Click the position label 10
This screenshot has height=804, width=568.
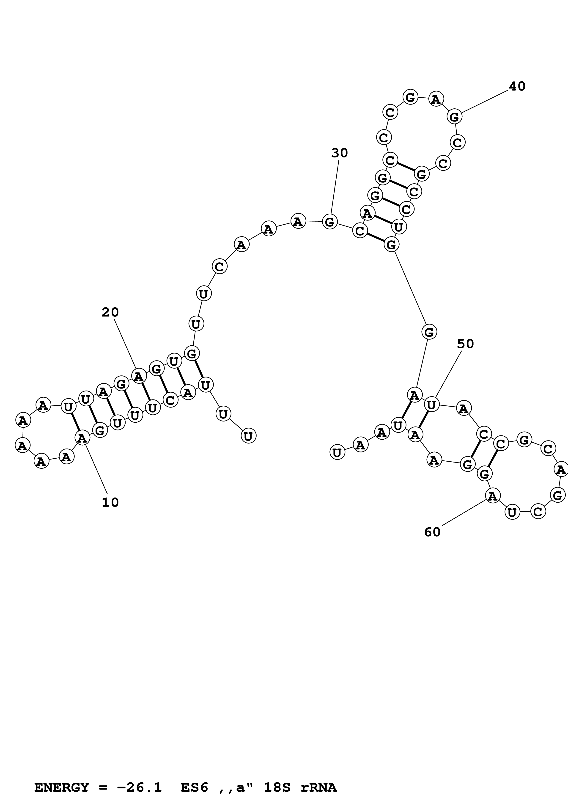(x=110, y=502)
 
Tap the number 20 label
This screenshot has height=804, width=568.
(x=110, y=312)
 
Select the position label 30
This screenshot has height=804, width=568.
(x=340, y=153)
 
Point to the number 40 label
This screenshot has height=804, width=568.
(x=517, y=86)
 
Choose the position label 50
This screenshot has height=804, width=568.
(x=465, y=344)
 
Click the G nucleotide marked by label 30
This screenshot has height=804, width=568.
(x=330, y=222)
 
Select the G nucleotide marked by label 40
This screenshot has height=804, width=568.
(x=454, y=117)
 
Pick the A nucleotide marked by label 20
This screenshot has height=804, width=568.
(x=139, y=376)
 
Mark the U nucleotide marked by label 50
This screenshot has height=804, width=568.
(x=431, y=405)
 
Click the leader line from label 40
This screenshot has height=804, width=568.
(x=485, y=102)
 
